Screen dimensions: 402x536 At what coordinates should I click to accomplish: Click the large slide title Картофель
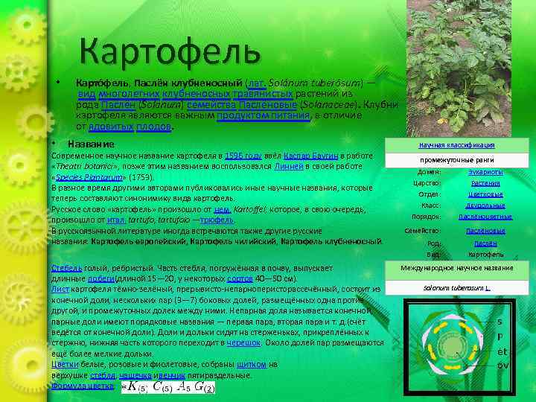(170, 51)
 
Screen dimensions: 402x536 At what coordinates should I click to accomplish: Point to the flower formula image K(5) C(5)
(170, 386)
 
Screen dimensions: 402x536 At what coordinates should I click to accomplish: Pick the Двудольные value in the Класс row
(485, 205)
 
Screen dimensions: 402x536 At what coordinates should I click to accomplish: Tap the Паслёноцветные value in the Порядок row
(485, 217)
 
